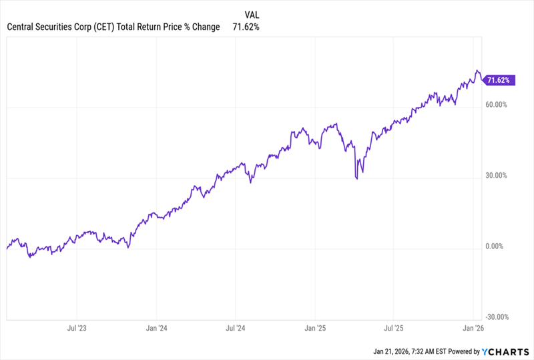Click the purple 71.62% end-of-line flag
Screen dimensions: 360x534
[x=498, y=80]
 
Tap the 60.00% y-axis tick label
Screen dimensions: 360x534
[x=497, y=105]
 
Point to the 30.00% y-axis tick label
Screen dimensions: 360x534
[x=497, y=176]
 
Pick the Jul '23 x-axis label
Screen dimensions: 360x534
[x=77, y=328]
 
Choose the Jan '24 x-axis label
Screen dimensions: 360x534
[x=156, y=328]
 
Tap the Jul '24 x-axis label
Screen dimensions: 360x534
[x=236, y=328]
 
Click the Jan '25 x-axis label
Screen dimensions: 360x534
[x=315, y=328]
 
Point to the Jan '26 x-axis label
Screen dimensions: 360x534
[x=473, y=328]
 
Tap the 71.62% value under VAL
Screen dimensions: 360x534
[x=246, y=27]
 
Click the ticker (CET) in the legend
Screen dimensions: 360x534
[x=98, y=27]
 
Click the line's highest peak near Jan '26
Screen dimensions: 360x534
[x=477, y=71]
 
